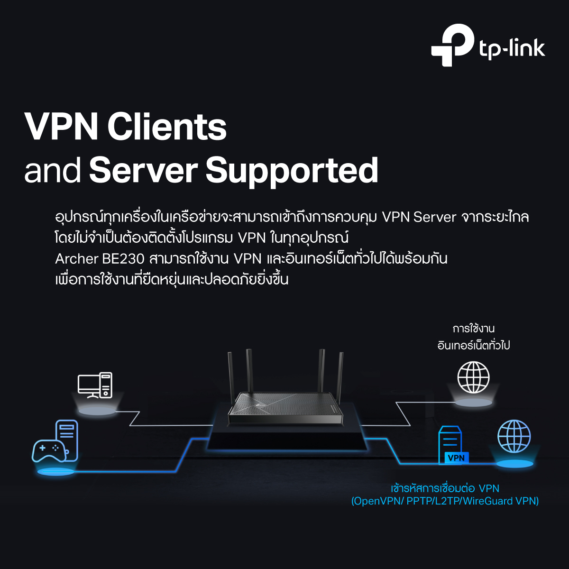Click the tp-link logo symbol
(x=453, y=45)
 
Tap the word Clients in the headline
(x=167, y=127)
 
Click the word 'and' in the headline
(x=53, y=171)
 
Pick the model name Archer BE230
(x=100, y=259)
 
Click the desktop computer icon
(x=95, y=385)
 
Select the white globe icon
(x=473, y=377)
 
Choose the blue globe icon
(x=514, y=436)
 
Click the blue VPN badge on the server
(x=457, y=458)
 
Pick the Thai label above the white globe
(x=474, y=337)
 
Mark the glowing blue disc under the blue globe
(x=514, y=464)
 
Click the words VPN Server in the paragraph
(x=419, y=218)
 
